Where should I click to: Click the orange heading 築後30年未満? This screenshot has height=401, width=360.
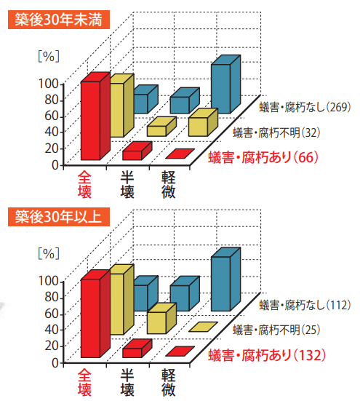58,18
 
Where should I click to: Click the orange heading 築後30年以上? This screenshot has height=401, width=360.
58,216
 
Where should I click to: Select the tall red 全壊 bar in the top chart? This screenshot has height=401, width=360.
90,120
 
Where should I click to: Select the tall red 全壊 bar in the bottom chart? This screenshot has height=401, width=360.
90,317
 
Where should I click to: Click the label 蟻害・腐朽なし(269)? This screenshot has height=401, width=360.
305,108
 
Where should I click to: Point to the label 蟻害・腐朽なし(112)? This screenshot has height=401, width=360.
305,305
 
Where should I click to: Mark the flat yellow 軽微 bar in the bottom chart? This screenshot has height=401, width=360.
203,327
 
